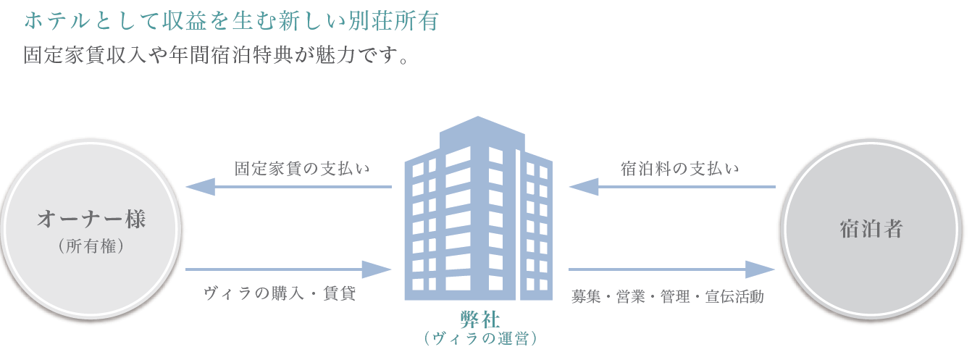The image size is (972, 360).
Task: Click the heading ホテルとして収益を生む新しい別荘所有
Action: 230,22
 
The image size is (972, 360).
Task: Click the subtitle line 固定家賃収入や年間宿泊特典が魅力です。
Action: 216,56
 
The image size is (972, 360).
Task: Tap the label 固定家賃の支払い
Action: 302,169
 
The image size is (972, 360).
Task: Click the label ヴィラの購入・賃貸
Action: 280,295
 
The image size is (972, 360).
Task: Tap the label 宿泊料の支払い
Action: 680,169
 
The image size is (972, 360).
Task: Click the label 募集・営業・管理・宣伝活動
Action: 667,297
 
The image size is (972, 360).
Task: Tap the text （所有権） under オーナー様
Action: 92,247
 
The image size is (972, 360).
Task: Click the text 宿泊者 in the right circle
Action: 871,230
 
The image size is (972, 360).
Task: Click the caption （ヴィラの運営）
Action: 480,338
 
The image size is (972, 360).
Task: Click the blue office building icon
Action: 478,217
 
